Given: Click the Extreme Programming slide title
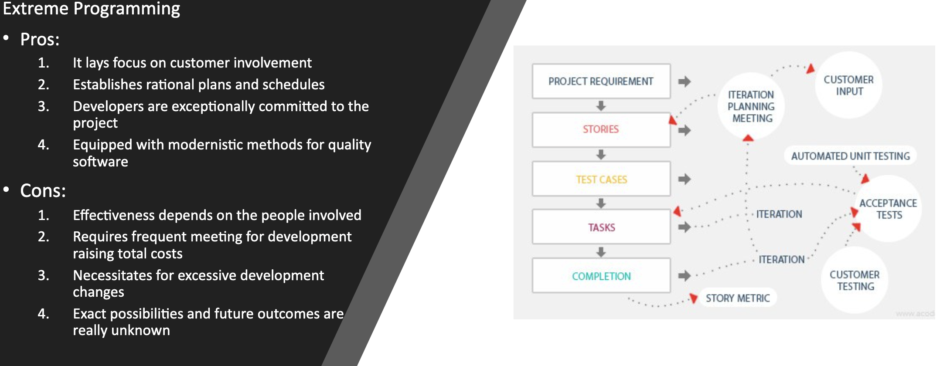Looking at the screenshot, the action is click(91, 9).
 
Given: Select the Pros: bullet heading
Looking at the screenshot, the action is click(40, 40).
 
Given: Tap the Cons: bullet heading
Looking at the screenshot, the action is click(43, 191).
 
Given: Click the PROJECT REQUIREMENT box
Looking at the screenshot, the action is click(601, 81).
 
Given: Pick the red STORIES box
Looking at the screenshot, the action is click(601, 130).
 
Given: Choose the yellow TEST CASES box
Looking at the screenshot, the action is click(601, 179).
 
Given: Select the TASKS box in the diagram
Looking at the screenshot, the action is click(601, 227).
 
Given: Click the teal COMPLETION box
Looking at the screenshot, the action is click(601, 276).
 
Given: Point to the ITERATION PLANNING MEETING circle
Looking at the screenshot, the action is click(751, 106).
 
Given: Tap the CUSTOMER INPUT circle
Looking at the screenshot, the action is click(848, 85).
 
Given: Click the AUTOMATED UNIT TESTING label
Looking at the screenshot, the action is click(850, 156).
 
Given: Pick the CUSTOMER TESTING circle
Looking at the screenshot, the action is click(855, 280).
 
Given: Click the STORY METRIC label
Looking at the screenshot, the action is click(738, 298).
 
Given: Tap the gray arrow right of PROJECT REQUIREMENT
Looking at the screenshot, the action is click(685, 81).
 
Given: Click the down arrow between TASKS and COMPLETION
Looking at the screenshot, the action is click(601, 252).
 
